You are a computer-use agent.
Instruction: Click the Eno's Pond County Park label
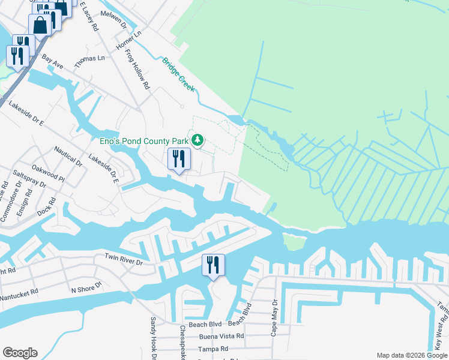(144, 141)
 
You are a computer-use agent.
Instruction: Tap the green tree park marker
(197, 140)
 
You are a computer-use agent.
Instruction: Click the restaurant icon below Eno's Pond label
(179, 159)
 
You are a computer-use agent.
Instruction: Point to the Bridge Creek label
(178, 74)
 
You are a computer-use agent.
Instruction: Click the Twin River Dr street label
(124, 262)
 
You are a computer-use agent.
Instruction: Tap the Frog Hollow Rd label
(137, 69)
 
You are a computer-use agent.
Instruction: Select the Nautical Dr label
(68, 155)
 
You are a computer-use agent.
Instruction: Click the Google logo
(20, 353)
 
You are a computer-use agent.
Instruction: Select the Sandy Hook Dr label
(154, 338)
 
